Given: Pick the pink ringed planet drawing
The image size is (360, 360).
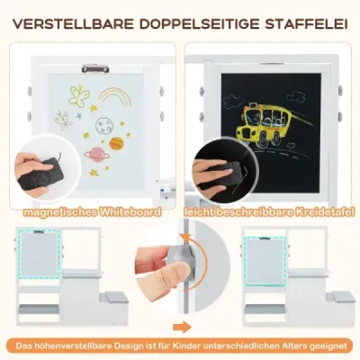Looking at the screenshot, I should coord(93,154).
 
